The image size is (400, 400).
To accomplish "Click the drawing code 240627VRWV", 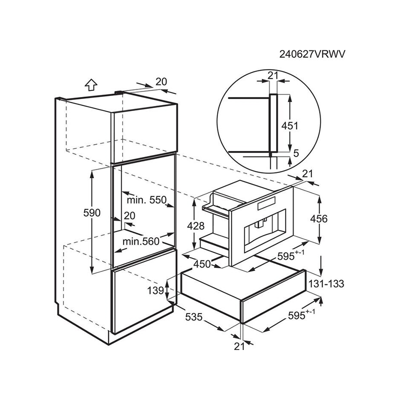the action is tap(312, 54).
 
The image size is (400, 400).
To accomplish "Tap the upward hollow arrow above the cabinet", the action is tap(91, 84).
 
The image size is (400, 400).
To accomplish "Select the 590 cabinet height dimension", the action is tap(92, 212).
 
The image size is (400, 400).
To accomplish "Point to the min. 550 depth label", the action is tap(146, 199).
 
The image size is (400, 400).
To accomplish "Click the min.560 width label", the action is tap(141, 241).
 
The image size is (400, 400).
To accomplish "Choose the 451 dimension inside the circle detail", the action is tap(289, 125).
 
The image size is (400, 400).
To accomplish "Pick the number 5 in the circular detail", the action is tap(296, 153).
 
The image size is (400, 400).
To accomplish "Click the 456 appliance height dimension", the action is tap(319, 218).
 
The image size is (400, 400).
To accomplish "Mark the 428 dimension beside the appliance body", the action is tap(195, 226).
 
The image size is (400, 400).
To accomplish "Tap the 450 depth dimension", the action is tap(202, 264).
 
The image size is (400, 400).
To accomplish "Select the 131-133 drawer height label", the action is tap(326, 283).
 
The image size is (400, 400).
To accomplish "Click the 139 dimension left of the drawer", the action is tap(155, 290).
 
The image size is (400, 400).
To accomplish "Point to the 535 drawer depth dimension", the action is tap(193, 317).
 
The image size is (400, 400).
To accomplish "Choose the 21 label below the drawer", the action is tap(239, 346).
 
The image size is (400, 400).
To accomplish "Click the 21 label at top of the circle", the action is tap(272, 75).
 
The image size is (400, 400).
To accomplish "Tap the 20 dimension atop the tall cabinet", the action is tap(161, 81).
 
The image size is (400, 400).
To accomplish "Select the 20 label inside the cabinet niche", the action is tap(129, 216).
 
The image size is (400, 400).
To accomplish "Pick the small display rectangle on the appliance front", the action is tap(266, 203).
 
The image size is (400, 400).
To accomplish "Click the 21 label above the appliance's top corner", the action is tap(307, 173).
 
